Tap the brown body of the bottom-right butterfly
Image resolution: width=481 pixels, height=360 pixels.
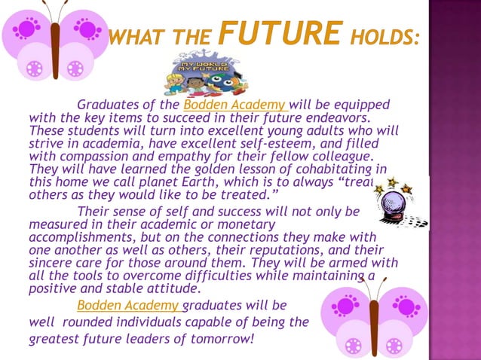pos(373,320)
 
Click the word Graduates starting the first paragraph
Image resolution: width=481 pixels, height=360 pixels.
pos(105,104)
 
